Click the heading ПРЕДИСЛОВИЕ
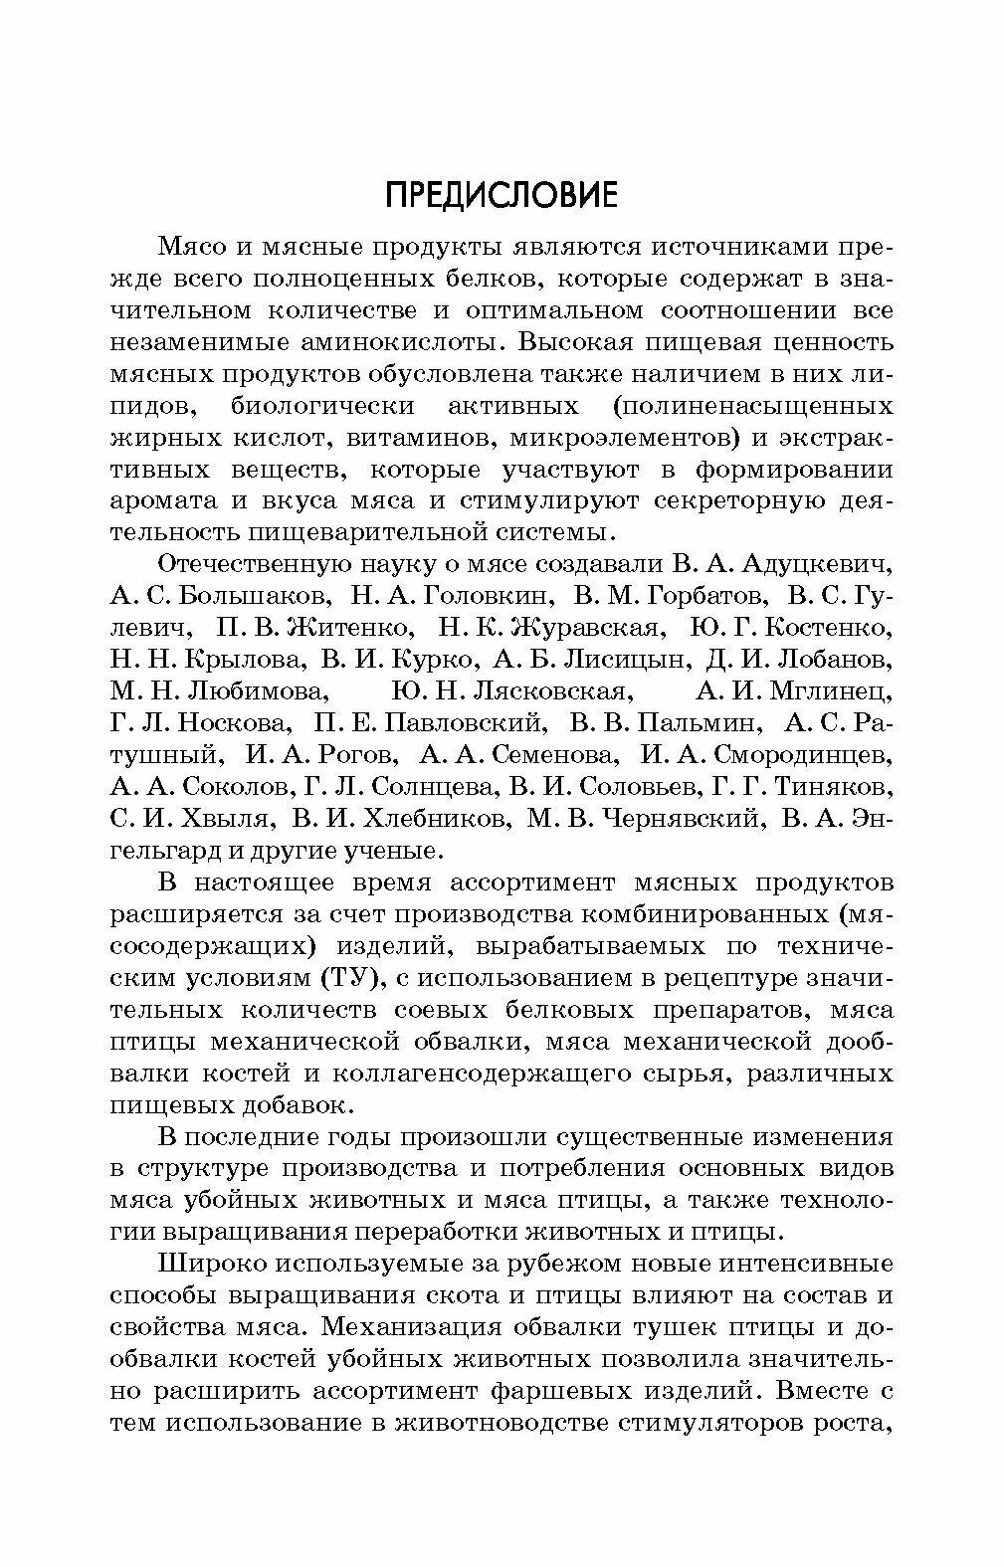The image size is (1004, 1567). pos(502,195)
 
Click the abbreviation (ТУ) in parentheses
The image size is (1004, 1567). pos(353,979)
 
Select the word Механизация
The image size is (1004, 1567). pos(424,1328)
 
